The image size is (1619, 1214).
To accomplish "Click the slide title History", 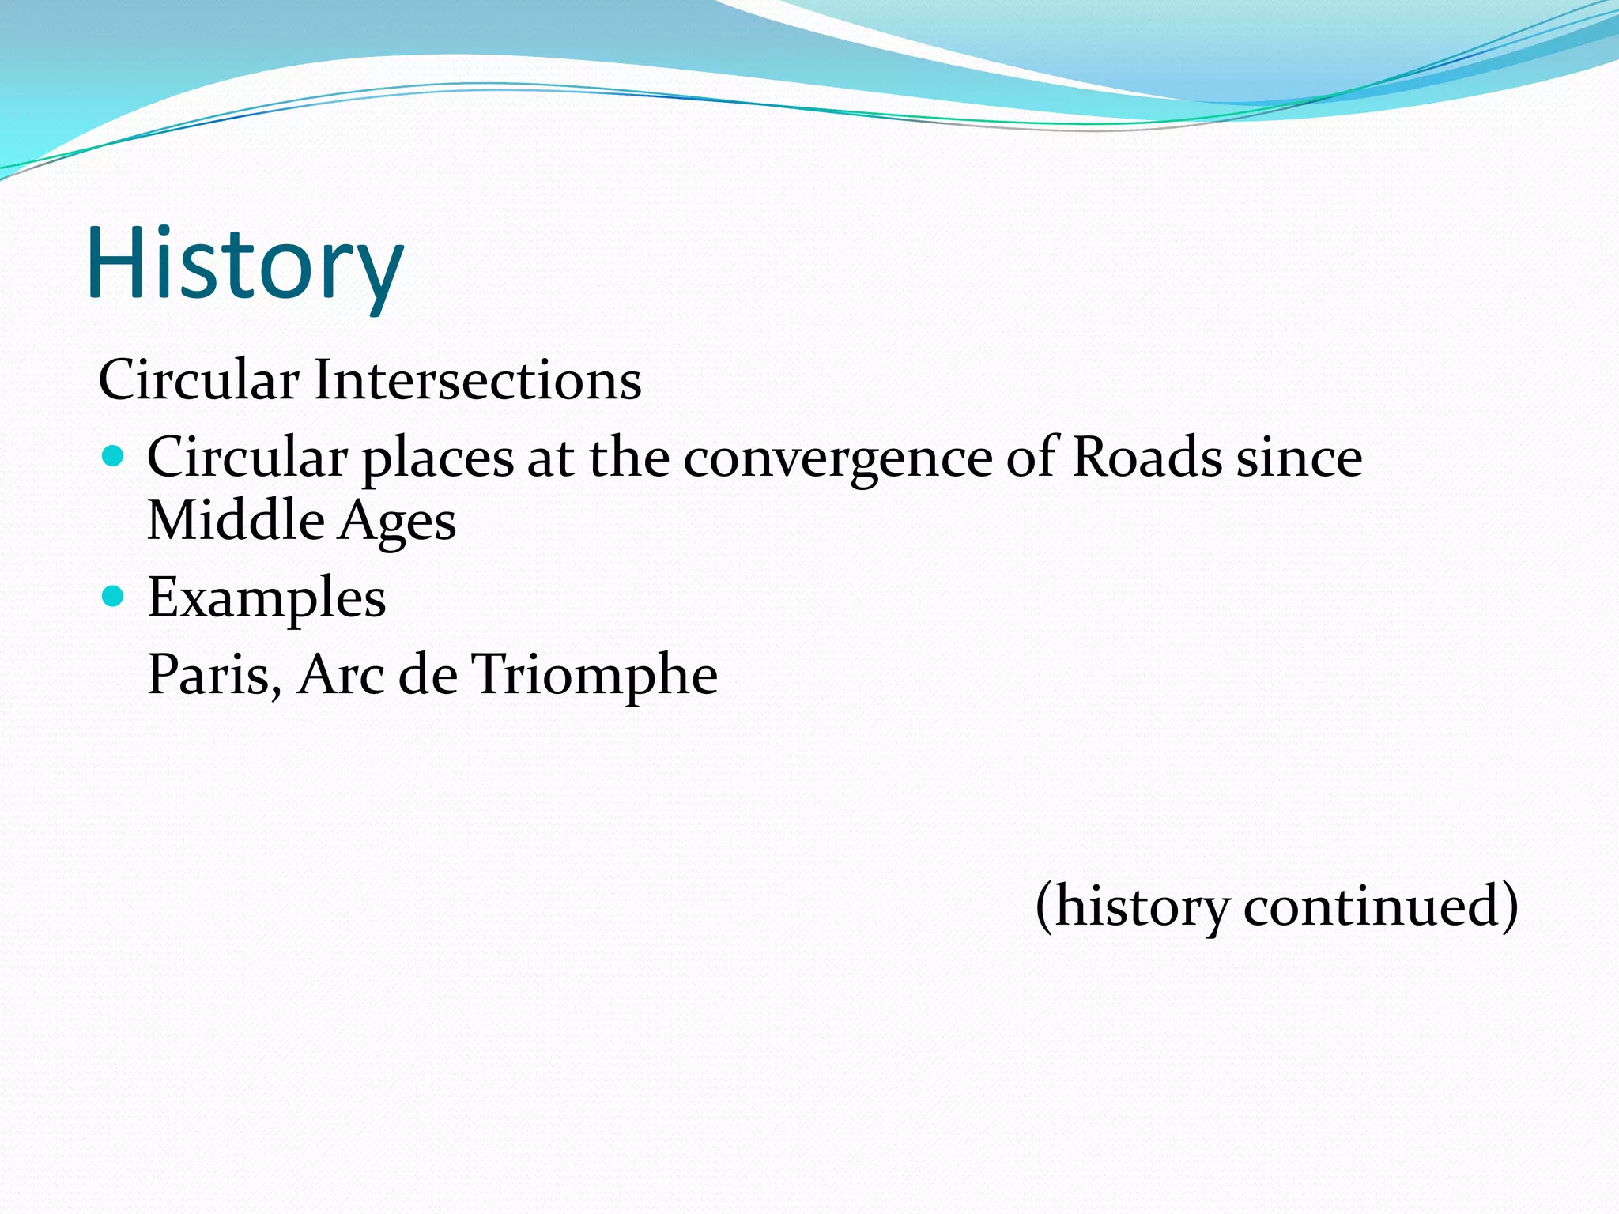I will pyautogui.click(x=245, y=263).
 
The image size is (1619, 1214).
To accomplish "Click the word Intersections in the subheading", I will pyautogui.click(x=477, y=380).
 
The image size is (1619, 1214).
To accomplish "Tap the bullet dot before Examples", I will pyautogui.click(x=114, y=595).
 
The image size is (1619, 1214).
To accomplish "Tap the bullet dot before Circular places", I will pyautogui.click(x=114, y=456).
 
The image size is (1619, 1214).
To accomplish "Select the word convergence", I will pyautogui.click(x=837, y=458).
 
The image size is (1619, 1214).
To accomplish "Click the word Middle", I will pyautogui.click(x=236, y=520).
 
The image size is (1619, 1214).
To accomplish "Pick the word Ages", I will pyautogui.click(x=397, y=522).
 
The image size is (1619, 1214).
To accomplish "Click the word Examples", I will pyautogui.click(x=266, y=598).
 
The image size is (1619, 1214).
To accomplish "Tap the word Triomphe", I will pyautogui.click(x=594, y=675).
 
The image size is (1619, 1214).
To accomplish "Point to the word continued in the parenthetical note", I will pyautogui.click(x=1380, y=905).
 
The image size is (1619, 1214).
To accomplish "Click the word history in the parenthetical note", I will pyautogui.click(x=1142, y=907).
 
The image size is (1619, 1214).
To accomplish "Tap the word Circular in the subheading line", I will pyautogui.click(x=198, y=380).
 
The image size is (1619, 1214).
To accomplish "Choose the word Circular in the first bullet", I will pyautogui.click(x=247, y=458).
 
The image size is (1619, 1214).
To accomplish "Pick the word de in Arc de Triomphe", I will pyautogui.click(x=428, y=675).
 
